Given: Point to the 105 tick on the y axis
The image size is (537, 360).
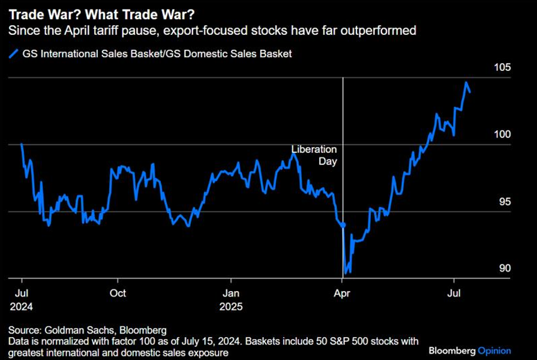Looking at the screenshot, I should pyautogui.click(x=502, y=68).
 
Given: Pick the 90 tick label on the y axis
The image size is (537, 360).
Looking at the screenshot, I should pyautogui.click(x=504, y=268).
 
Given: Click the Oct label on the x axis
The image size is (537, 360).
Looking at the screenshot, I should pyautogui.click(x=118, y=293).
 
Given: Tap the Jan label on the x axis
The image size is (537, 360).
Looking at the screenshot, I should pyautogui.click(x=232, y=293).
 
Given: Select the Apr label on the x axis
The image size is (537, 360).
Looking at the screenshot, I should pyautogui.click(x=342, y=293).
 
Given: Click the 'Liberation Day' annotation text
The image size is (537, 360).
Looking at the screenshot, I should pyautogui.click(x=314, y=155).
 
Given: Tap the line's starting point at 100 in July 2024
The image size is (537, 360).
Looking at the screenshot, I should pyautogui.click(x=22, y=144).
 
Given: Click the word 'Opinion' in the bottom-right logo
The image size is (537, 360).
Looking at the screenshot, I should pyautogui.click(x=495, y=350).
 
